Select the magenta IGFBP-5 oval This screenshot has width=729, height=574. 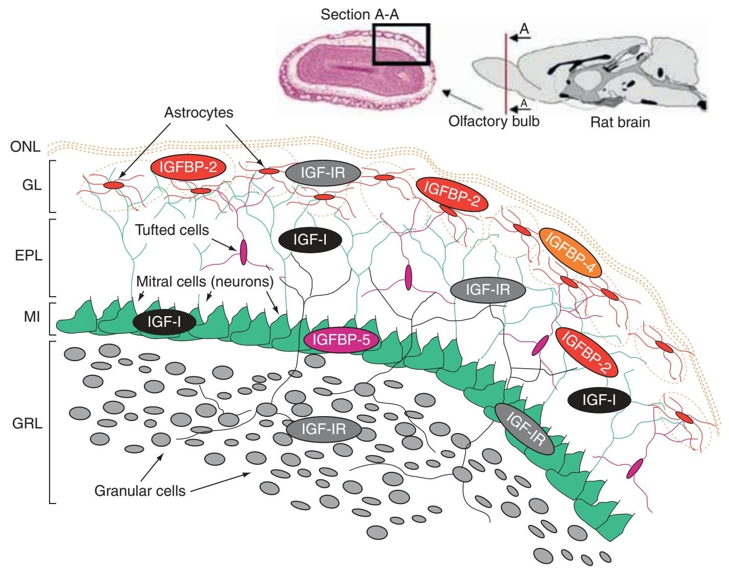click(341, 340)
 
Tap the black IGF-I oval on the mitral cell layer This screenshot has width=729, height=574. click(164, 322)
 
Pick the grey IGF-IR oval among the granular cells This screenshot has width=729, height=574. click(324, 429)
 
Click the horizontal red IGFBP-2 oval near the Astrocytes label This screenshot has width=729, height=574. click(188, 168)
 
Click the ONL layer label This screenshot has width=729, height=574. click(25, 147)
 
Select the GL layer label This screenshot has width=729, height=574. click(32, 185)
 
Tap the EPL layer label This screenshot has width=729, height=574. click(29, 255)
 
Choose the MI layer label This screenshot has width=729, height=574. click(32, 317)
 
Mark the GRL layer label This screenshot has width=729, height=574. click(28, 424)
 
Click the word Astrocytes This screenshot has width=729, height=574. click(199, 112)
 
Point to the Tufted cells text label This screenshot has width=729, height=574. click(172, 230)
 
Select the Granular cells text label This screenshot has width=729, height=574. click(140, 491)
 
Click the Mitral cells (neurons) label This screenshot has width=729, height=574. click(205, 281)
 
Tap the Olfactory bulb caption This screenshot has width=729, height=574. click(494, 121)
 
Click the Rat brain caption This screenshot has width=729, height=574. click(620, 123)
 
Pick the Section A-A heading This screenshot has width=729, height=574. click(359, 14)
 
